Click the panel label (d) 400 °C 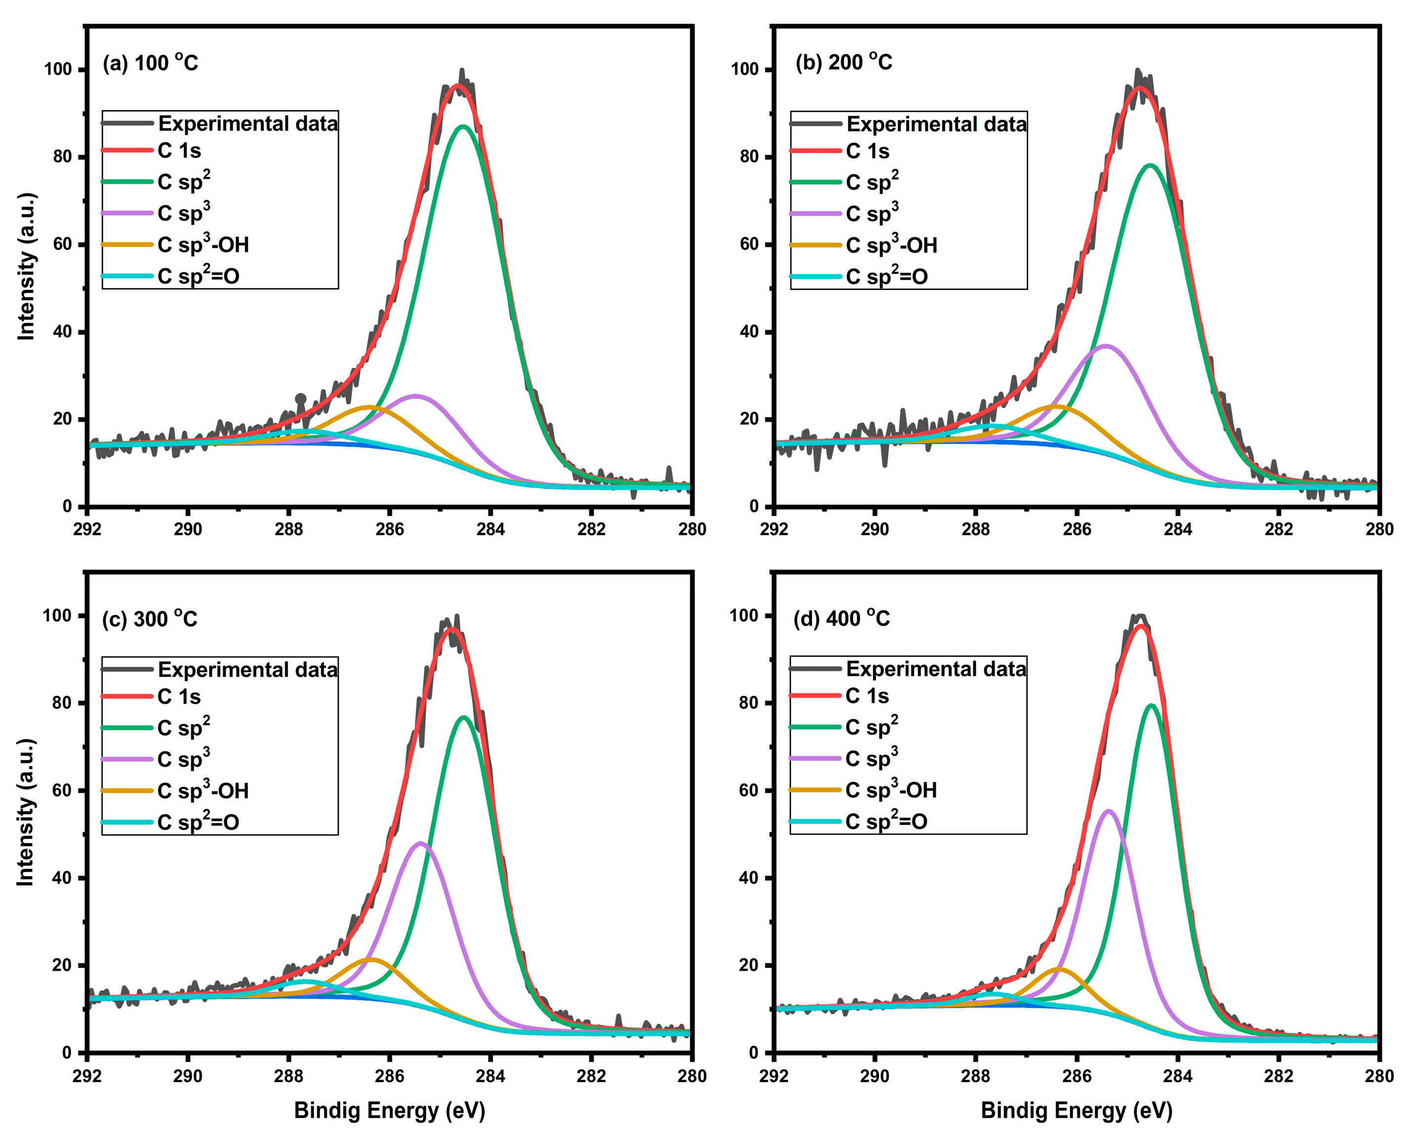(842, 618)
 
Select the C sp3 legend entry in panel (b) (872, 214)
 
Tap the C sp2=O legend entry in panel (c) (199, 822)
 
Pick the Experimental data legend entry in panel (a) (248, 124)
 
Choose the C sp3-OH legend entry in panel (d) (891, 790)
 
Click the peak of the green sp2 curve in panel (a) (463, 126)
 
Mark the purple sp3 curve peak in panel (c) (420, 843)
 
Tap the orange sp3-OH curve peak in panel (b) (1055, 406)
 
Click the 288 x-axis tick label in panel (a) (289, 529)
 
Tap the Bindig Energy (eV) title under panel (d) (1077, 1110)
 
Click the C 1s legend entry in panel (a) (179, 151)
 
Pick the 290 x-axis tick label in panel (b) (874, 529)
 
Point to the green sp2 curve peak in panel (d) (1151, 705)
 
